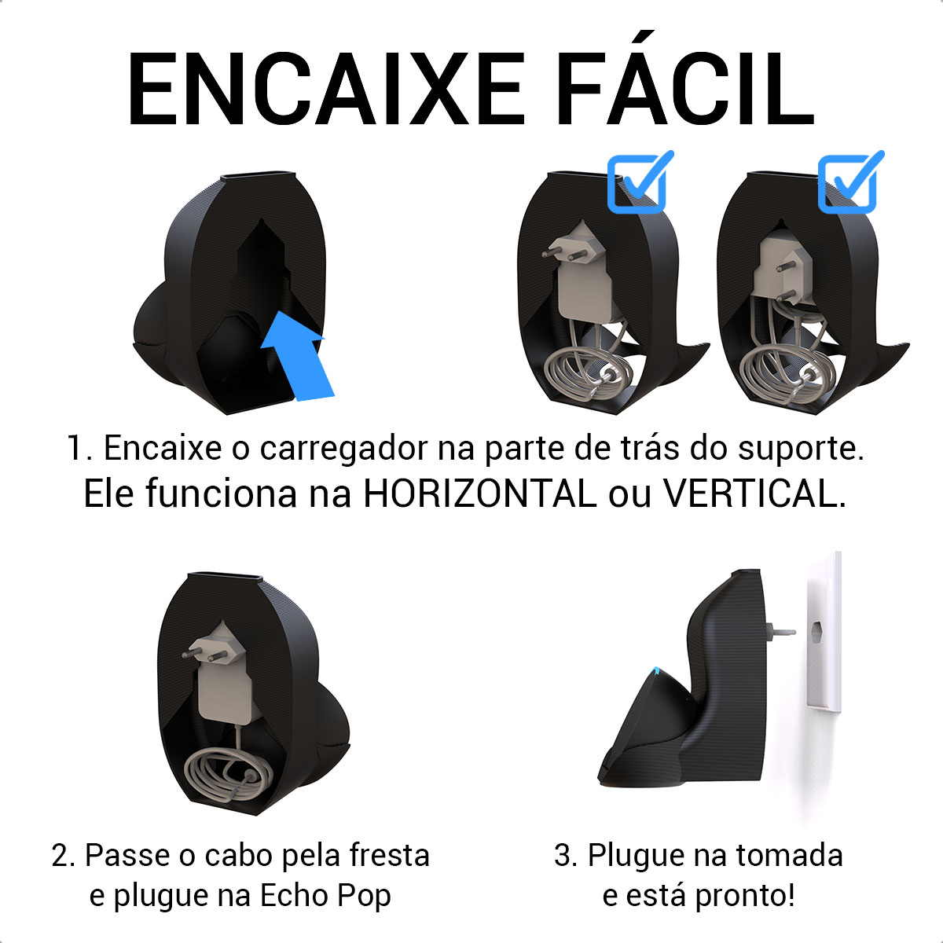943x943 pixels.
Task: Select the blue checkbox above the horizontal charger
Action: [x=640, y=182]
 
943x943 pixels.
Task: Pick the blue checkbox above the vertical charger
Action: [x=850, y=182]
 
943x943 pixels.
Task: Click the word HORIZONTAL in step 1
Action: [x=479, y=494]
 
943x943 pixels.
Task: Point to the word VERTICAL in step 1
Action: [x=754, y=494]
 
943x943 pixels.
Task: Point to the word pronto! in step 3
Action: [x=744, y=897]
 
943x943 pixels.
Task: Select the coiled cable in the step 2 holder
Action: [x=228, y=776]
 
